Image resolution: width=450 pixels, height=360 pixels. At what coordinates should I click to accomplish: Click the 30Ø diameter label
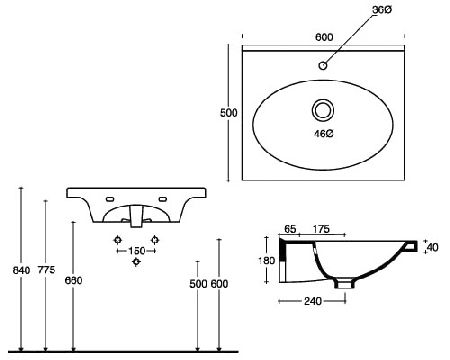pyautogui.click(x=382, y=10)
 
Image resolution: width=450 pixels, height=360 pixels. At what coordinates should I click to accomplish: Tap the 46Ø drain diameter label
pyautogui.click(x=324, y=134)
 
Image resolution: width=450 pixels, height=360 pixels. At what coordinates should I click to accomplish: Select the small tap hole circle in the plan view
pyautogui.click(x=323, y=65)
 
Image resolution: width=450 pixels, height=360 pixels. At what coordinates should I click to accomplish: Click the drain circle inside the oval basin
pyautogui.click(x=323, y=110)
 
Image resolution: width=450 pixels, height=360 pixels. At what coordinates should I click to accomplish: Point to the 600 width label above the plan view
pyautogui.click(x=324, y=37)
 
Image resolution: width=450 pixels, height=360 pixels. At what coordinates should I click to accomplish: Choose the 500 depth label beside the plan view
pyautogui.click(x=229, y=113)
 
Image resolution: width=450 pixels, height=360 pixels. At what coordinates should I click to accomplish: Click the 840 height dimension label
pyautogui.click(x=21, y=270)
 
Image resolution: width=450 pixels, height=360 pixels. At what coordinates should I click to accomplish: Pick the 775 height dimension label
pyautogui.click(x=46, y=269)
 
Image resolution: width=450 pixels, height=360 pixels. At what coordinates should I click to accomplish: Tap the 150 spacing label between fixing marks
pyautogui.click(x=137, y=251)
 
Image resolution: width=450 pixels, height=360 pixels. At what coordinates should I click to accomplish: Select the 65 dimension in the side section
pyautogui.click(x=290, y=229)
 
